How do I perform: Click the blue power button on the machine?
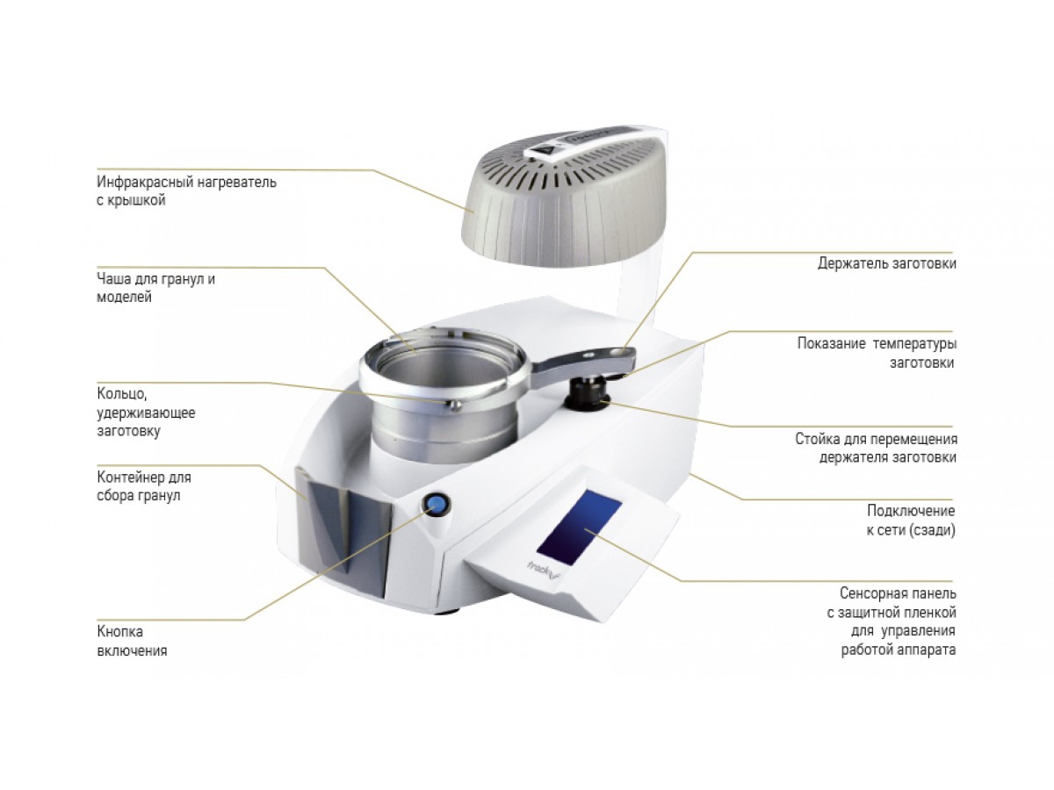pos(436,504)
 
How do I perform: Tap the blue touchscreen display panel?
pos(579,527)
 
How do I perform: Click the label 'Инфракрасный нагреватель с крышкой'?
pos(186,190)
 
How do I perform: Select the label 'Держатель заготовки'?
pos(886,262)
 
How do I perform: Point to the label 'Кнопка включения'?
pos(132,641)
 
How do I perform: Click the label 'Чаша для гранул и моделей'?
pos(156,288)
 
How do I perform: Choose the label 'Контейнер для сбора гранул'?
pos(144,486)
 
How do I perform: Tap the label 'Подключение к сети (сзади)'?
pos(911,520)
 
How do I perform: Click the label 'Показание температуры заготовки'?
pos(877,353)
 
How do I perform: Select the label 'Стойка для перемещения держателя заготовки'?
pos(876,448)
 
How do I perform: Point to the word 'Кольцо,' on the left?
pos(122,394)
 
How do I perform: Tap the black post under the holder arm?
pos(588,393)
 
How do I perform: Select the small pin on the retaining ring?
pos(454,406)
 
